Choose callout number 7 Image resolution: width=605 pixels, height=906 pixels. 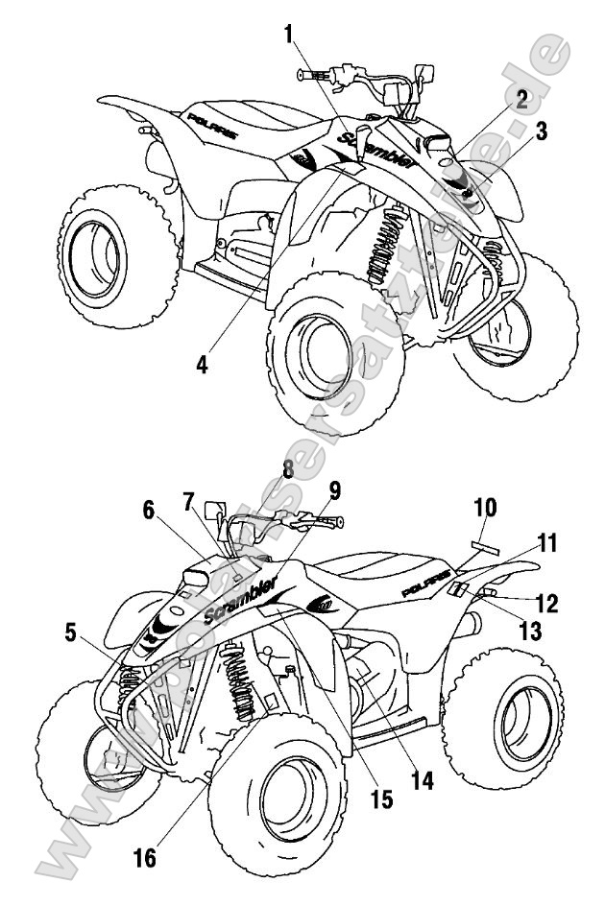(x=189, y=502)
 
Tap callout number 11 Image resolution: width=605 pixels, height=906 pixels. (x=547, y=543)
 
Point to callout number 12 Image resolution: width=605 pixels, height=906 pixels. (x=547, y=603)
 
